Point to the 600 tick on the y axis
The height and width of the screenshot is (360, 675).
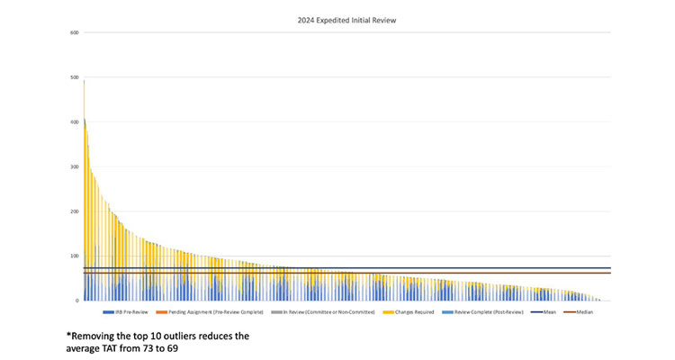(75, 33)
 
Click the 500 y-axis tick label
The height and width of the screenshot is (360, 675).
(75, 78)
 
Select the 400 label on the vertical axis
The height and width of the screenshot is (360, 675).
(75, 122)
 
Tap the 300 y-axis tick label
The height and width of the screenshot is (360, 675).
(75, 167)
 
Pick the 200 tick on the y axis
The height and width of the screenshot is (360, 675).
(75, 211)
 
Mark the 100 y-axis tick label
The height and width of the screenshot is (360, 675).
(75, 256)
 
